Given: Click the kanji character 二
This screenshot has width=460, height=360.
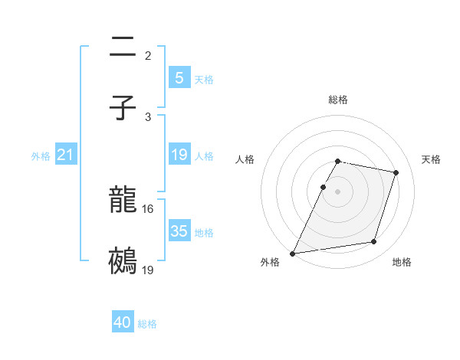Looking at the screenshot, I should point(123,48).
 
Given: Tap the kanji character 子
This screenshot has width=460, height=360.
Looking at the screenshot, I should point(123,109).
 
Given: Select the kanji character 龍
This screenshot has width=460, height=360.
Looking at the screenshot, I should point(123,201).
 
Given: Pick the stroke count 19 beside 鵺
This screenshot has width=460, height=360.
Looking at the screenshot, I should point(148,270).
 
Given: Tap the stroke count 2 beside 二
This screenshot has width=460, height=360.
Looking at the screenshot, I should point(148,56).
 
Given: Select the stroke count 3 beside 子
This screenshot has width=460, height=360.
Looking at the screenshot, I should point(148,116).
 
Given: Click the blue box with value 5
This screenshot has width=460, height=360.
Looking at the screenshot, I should point(179,77).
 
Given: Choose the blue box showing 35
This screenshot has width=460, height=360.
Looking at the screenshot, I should point(179,231).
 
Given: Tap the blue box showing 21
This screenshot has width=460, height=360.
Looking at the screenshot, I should point(65,155).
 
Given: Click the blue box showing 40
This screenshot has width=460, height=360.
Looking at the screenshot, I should point(123,322).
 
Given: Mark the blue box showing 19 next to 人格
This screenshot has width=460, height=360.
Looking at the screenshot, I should point(179,155).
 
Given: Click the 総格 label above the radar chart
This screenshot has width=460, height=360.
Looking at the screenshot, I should point(338,100).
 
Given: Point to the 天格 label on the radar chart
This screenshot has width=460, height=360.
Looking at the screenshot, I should point(431,159).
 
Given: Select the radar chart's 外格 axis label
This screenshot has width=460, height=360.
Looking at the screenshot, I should point(270,263).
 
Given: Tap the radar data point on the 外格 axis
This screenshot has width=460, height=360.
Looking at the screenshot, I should point(293,253).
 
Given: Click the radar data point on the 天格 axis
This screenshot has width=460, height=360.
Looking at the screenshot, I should point(396,172).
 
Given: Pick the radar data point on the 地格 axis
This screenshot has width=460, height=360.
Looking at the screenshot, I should point(374,242).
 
